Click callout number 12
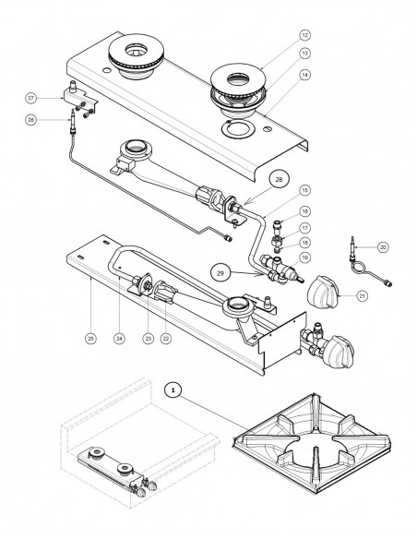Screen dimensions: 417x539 point(304,35)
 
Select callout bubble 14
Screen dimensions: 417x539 point(304,75)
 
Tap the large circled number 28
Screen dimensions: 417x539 point(279,179)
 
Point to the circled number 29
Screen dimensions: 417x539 point(220,273)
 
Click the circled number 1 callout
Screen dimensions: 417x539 point(173,390)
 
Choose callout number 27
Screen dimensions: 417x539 point(31,99)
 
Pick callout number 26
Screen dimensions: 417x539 point(31,120)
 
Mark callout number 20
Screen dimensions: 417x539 point(383,246)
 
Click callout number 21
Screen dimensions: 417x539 point(363,295)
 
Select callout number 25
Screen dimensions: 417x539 point(90,339)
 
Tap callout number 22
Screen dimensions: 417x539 point(166,339)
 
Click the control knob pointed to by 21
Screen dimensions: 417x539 point(323,292)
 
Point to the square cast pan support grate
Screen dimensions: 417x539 point(311,444)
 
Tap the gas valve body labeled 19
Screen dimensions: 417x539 point(281,270)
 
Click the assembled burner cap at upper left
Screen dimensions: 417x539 point(137,56)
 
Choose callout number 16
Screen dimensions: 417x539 point(304,211)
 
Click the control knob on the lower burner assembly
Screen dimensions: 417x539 point(340,352)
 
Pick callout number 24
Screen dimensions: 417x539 point(119,339)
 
